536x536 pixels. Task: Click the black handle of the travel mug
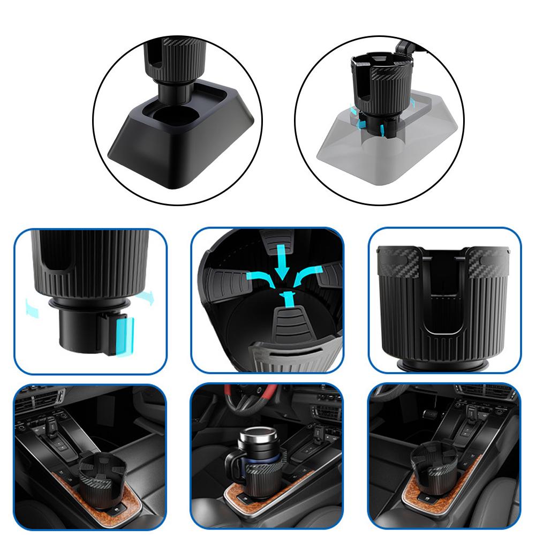click(234, 463)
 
